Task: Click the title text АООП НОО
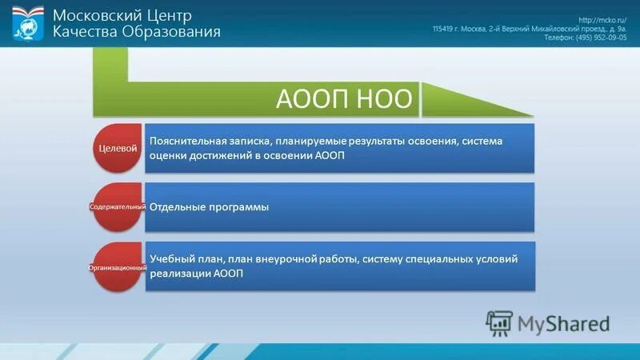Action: [x=344, y=98]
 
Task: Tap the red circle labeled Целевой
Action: [x=118, y=148]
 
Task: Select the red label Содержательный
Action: [x=117, y=207]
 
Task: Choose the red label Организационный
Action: [x=117, y=266]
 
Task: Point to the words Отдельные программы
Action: [x=209, y=207]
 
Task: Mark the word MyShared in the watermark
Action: [x=563, y=323]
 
